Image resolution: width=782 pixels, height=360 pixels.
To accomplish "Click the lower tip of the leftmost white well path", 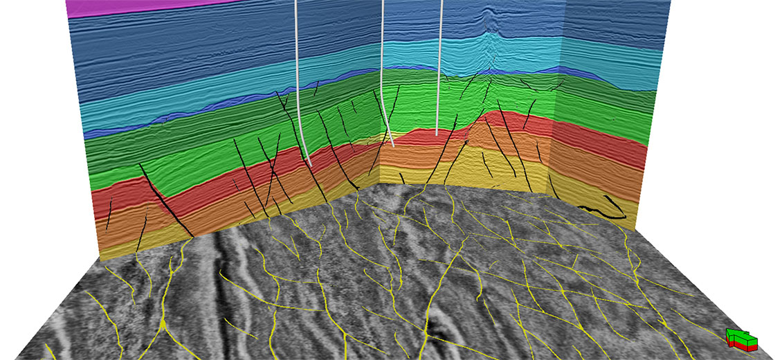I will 309,165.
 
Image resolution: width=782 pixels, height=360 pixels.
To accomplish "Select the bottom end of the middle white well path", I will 392,145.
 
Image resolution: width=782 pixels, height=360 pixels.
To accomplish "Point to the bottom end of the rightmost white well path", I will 437,134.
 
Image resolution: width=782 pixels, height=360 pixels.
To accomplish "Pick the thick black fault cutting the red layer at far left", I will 166,201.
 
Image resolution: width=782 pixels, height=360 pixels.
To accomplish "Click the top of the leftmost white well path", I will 297,3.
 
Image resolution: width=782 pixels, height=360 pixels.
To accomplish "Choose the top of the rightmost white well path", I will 440,3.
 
